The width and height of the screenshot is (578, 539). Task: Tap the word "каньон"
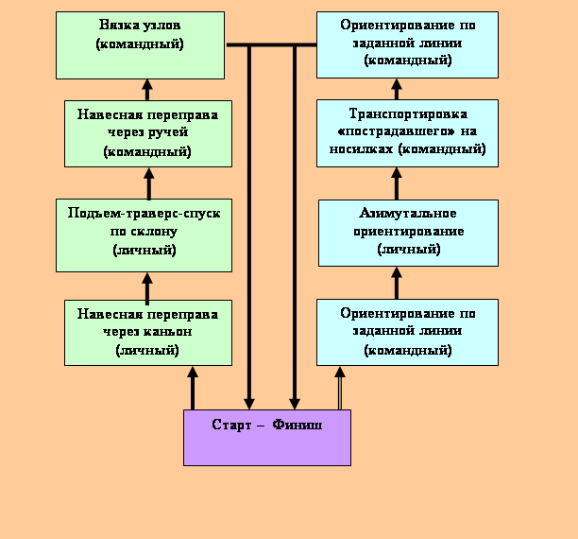[x=175, y=332]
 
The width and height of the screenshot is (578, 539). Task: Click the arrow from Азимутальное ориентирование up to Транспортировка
[x=397, y=183]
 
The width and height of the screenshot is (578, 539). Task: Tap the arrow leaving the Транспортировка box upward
[x=397, y=89]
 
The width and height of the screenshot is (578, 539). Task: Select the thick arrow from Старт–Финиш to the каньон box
[x=193, y=387]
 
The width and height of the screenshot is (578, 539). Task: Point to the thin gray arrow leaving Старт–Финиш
[x=340, y=388]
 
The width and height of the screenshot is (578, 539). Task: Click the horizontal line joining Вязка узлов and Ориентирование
[x=271, y=44]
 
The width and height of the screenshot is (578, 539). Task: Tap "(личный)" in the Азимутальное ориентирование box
[x=408, y=250]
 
